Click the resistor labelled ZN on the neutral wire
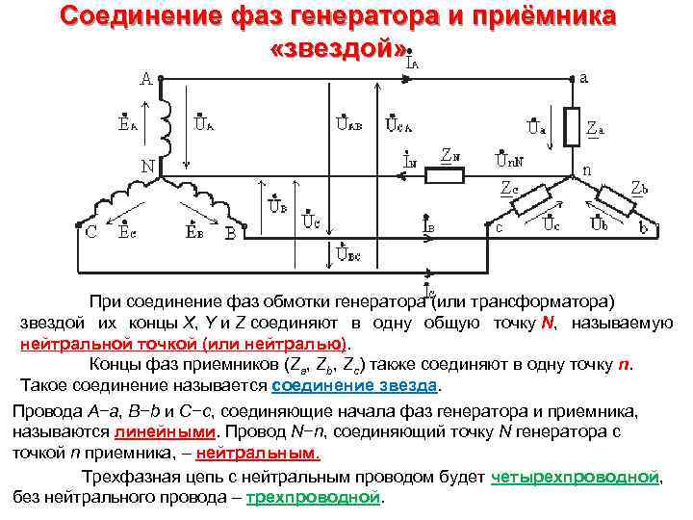[x=444, y=174]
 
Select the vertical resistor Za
[x=572, y=126]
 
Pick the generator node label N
[x=149, y=166]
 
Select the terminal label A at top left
[x=145, y=79]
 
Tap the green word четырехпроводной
[x=576, y=478]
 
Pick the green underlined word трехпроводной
[x=314, y=497]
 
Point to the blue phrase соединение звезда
[x=355, y=385]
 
